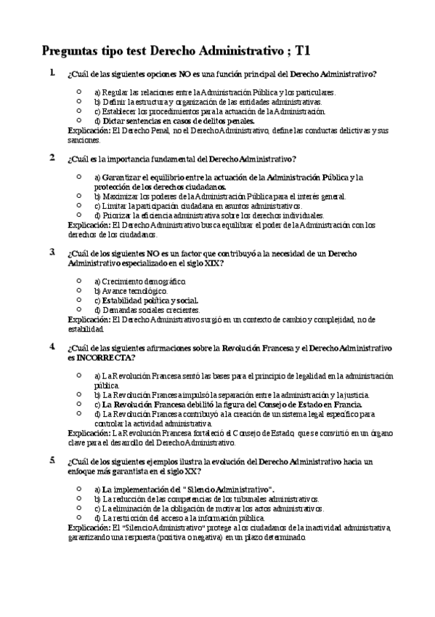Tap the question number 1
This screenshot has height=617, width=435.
pos(52,73)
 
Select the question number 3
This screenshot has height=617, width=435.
pos(52,252)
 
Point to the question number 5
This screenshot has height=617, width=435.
pos(52,461)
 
